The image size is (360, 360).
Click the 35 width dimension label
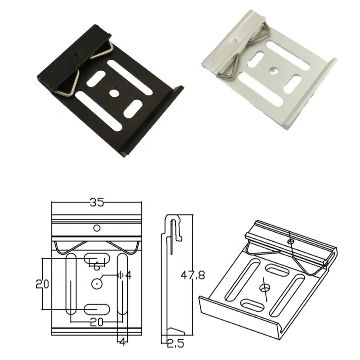pyautogui.click(x=97, y=203)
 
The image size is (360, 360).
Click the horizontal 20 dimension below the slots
pyautogui.click(x=96, y=322)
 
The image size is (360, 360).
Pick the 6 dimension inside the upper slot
pyautogui.click(x=96, y=266)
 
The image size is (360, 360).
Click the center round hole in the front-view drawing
pyautogui.click(x=97, y=283)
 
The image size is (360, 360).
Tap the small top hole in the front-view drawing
pyautogui.click(x=97, y=228)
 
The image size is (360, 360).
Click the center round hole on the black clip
pyautogui.click(x=114, y=94)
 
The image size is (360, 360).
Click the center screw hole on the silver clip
pyautogui.click(x=273, y=71)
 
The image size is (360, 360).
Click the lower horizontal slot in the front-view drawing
pyautogui.click(x=97, y=309)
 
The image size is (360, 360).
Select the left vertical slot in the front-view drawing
pyautogui.click(x=71, y=283)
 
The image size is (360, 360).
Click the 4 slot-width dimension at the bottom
pyautogui.click(x=122, y=342)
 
